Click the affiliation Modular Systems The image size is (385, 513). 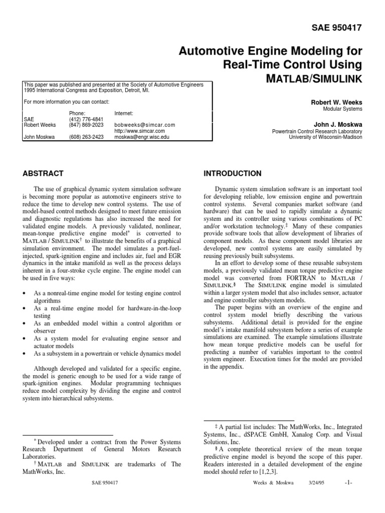(x=342, y=109)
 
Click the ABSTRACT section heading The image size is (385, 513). (x=44, y=174)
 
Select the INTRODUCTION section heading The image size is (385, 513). (x=232, y=174)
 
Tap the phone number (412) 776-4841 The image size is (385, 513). (x=83, y=120)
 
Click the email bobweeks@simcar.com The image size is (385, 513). (x=144, y=125)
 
